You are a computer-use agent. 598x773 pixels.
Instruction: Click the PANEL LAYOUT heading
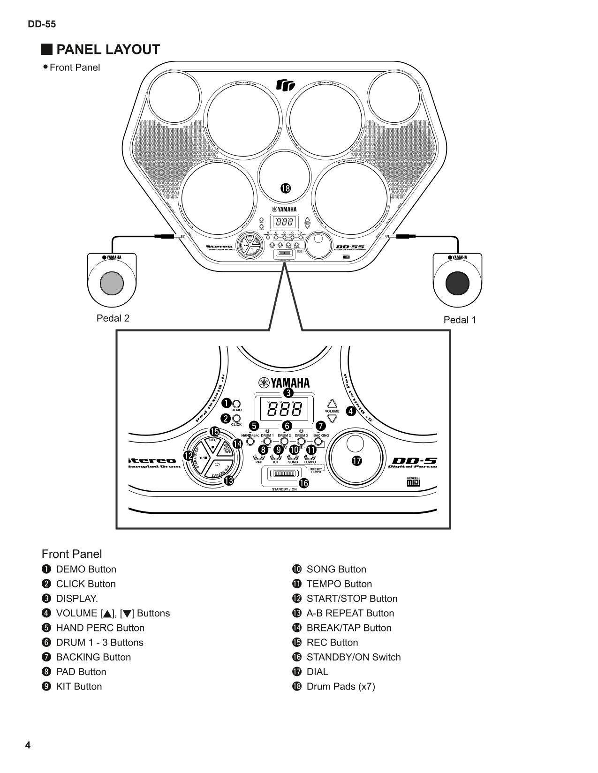coord(107,50)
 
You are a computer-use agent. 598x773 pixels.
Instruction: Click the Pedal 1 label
coord(460,320)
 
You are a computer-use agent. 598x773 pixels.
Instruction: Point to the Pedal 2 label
coord(113,318)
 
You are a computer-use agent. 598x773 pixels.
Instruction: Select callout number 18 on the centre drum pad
coord(285,188)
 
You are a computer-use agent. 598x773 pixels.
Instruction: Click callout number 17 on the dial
coord(357,461)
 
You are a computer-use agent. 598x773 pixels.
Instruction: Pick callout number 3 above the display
coord(288,392)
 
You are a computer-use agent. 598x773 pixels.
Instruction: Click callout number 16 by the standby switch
coord(304,483)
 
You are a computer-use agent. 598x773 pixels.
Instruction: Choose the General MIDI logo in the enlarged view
coord(413,481)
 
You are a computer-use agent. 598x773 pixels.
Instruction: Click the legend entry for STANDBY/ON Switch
coord(353,657)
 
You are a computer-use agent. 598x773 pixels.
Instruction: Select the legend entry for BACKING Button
coord(93,657)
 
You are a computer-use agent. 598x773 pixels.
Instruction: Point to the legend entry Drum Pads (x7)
coord(341,686)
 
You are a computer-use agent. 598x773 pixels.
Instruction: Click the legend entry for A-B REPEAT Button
coord(350,613)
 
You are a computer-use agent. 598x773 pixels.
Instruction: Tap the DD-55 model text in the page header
coord(42,24)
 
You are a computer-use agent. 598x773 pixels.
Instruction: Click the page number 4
coord(28,746)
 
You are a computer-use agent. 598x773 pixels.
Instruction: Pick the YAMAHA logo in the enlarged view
coord(283,383)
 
